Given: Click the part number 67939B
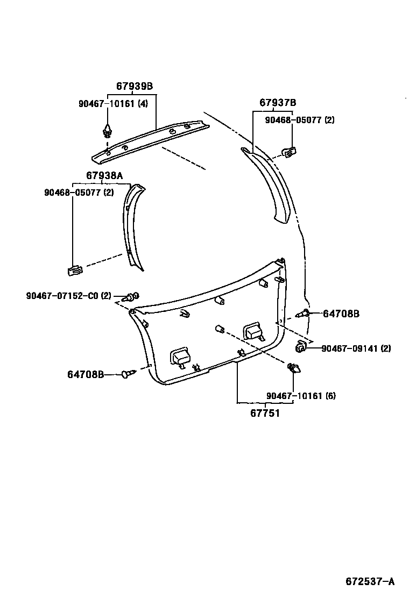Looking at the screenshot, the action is (135, 86).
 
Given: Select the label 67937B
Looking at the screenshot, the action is (278, 103).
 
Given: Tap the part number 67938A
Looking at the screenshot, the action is (104, 175).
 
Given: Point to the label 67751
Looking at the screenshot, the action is (264, 414).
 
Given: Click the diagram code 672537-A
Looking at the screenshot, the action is (370, 581).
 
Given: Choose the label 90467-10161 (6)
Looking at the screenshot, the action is (301, 396).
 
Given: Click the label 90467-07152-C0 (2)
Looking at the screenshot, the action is (68, 295).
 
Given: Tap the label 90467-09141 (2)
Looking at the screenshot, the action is (356, 348).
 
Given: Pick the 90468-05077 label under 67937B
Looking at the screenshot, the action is (299, 120).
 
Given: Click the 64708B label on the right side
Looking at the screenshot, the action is (341, 313).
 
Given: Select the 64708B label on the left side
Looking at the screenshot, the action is (86, 374).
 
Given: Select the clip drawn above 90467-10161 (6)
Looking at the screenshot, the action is (294, 369).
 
